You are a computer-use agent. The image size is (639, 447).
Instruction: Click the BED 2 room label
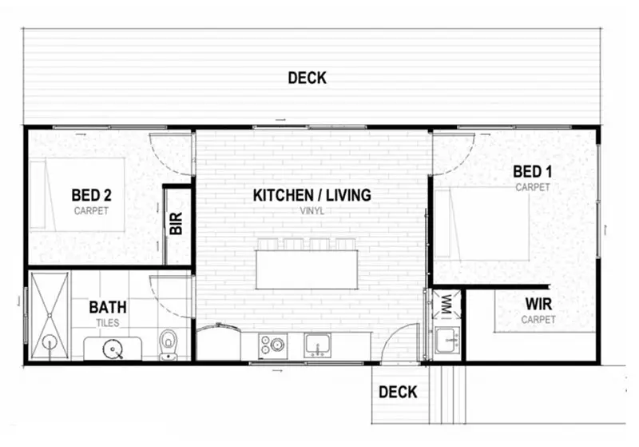[x=91, y=195]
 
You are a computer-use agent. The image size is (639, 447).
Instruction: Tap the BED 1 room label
[x=532, y=172]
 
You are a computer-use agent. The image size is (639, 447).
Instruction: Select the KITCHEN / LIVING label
[x=312, y=195]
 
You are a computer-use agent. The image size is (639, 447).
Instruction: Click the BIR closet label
[x=176, y=224]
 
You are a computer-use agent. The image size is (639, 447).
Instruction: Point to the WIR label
[x=538, y=304]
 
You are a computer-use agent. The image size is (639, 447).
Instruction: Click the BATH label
[x=108, y=307]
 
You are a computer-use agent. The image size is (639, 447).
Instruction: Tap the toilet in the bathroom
[x=168, y=345]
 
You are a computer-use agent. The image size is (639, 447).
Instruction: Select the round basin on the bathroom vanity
[x=113, y=349]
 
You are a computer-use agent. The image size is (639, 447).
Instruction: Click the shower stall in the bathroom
[x=50, y=316]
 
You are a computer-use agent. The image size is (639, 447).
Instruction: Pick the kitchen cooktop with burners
[x=272, y=345]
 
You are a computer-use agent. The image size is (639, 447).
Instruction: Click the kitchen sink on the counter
[x=317, y=345]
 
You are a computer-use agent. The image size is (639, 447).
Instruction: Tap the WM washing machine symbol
[x=447, y=304]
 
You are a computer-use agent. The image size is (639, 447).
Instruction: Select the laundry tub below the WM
[x=447, y=340]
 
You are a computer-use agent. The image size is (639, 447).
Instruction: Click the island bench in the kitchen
[x=307, y=269]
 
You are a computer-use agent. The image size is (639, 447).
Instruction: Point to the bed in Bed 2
[x=77, y=194]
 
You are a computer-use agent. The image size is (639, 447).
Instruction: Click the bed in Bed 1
[x=482, y=224]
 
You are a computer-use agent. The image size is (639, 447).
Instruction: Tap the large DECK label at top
[x=308, y=78]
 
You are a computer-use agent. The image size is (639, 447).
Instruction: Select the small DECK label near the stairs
[x=398, y=392]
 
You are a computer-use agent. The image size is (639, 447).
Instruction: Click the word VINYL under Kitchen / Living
[x=312, y=211]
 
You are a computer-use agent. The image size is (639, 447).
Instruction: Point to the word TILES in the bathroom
[x=108, y=323]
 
